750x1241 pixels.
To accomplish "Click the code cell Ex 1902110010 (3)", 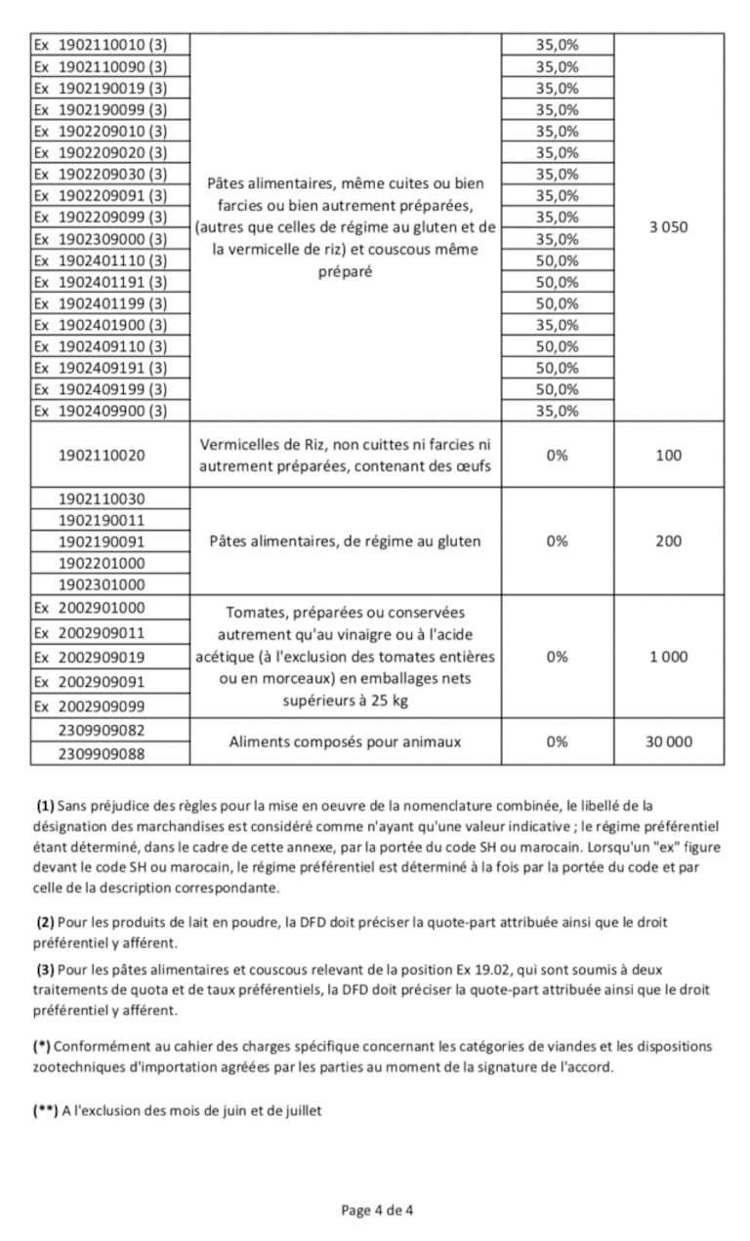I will (x=101, y=46).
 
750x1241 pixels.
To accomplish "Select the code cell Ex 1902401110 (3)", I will (x=101, y=260).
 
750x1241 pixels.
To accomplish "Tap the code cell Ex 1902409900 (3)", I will (x=101, y=411).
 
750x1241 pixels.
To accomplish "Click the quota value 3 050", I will (x=669, y=227).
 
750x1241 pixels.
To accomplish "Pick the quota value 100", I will (x=669, y=456).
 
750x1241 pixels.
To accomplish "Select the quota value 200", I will (x=669, y=541).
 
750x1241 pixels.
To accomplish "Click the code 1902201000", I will (x=102, y=563).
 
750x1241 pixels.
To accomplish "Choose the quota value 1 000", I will (x=669, y=657).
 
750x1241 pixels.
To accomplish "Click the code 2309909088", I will (x=102, y=753).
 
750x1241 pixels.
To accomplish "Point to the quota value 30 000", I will (x=669, y=741).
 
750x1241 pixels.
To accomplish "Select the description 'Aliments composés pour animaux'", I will (x=345, y=741).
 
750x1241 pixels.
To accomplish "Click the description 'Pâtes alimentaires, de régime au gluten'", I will (x=345, y=541).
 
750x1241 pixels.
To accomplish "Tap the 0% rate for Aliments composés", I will (x=557, y=741).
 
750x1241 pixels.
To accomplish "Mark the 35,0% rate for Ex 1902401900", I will (x=557, y=325).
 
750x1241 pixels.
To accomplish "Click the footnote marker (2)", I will (x=45, y=922).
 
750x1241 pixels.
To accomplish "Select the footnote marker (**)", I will (x=45, y=1111).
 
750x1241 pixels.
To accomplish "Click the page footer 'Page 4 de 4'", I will (x=377, y=1211).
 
